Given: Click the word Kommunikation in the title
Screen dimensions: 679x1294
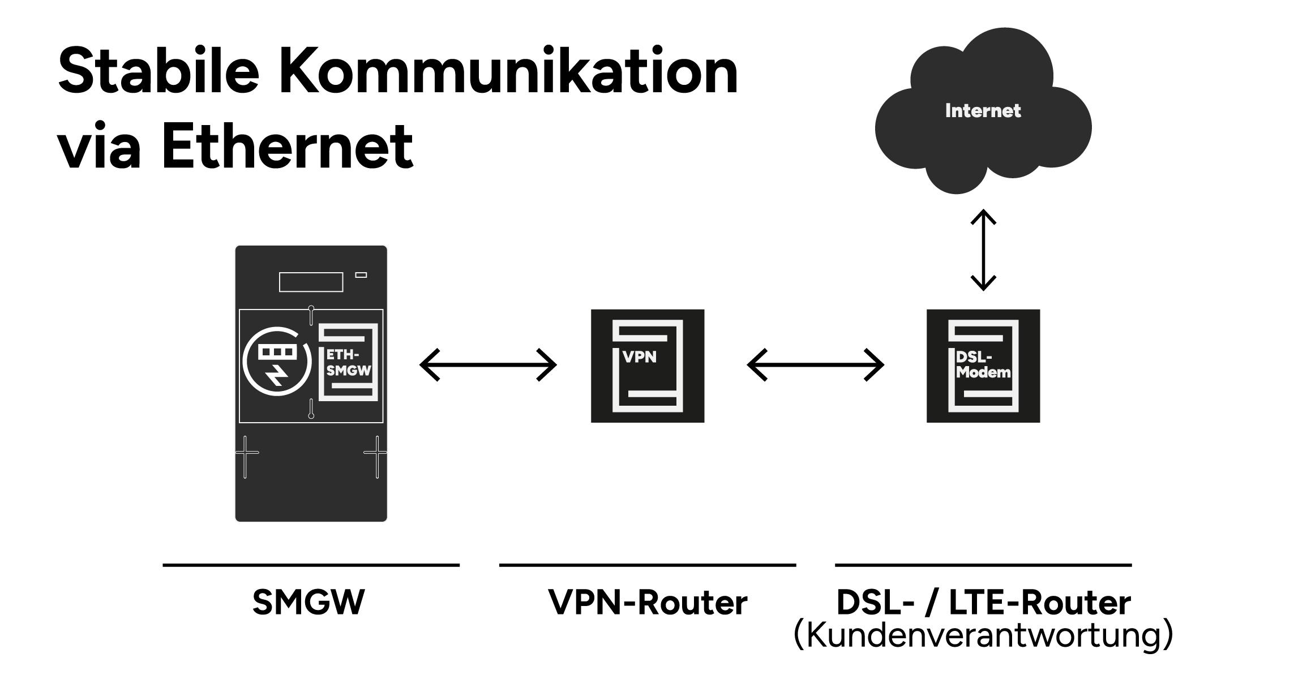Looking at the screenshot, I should pos(508,72).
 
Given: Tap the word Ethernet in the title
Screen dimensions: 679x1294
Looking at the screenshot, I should pos(288,146).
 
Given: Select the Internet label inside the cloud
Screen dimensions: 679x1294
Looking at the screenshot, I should pos(983,111).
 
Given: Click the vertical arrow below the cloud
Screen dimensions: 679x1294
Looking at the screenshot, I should pos(983,250).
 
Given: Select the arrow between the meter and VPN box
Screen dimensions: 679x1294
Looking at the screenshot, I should pos(488,365).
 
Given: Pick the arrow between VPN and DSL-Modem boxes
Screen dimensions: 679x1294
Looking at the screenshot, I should pos(815,365).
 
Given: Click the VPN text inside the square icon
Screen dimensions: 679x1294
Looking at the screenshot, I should pos(640,357).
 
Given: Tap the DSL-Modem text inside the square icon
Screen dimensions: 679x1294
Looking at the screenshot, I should pos(983,365).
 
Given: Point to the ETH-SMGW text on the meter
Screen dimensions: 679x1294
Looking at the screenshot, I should pos(348,363).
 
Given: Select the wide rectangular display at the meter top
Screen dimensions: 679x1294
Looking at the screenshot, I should pos(311,282).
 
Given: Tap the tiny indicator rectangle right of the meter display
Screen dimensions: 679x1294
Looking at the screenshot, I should pos(361,275).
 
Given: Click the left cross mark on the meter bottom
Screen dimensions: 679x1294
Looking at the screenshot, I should pos(246,453).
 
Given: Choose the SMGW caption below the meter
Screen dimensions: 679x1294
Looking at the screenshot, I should pos(309,602).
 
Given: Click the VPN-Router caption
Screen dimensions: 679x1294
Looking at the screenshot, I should pos(648,602).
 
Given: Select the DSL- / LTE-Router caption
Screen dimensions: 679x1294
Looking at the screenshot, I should pos(983,602).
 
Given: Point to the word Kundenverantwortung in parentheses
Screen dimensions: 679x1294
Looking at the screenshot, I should pos(983,635).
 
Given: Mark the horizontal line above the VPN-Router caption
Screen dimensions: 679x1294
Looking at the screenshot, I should pos(648,565).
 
